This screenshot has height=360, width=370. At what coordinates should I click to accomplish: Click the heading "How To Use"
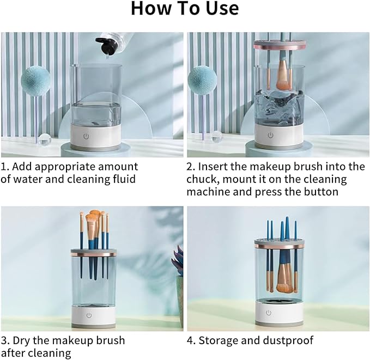185,9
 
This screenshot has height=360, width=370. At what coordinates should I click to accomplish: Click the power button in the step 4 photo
268,313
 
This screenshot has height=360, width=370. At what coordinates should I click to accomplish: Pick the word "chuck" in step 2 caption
203,179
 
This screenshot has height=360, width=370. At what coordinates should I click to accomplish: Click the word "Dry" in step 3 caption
23,340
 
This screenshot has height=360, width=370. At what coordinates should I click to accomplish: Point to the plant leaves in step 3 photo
178,261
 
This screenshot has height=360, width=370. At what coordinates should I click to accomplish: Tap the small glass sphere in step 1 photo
45,137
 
